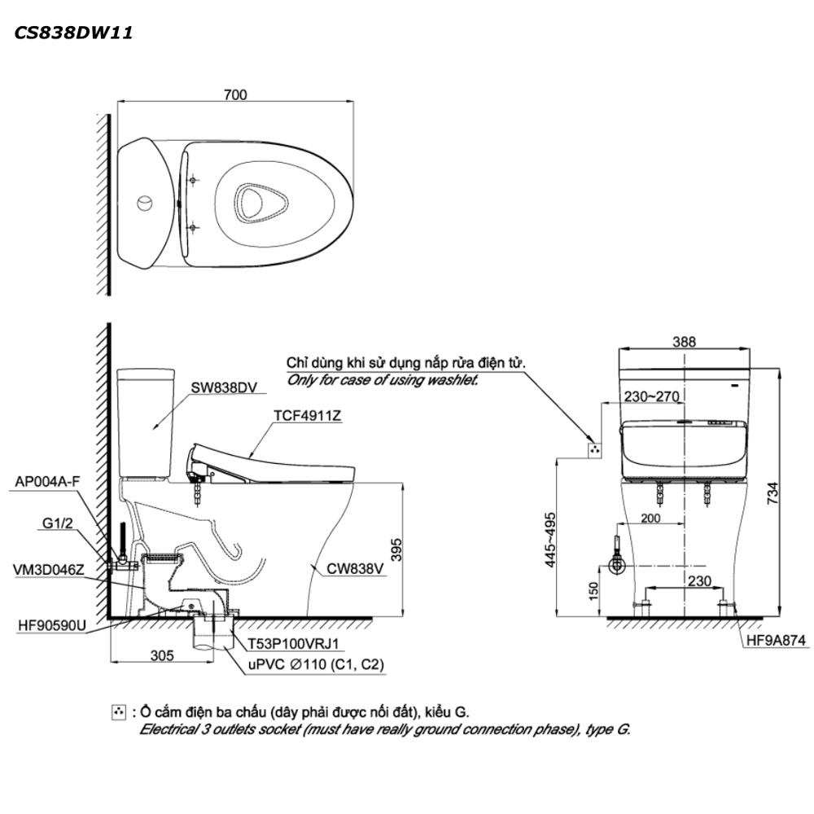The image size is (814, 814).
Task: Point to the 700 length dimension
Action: (x=234, y=95)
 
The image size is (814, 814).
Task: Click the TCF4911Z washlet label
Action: (x=307, y=416)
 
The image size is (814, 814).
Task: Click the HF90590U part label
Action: (x=50, y=626)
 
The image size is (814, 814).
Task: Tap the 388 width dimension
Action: (x=685, y=343)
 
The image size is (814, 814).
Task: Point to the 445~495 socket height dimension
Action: (x=550, y=539)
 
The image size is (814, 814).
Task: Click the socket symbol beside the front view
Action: (x=594, y=449)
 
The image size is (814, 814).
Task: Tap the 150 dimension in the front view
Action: (x=593, y=588)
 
